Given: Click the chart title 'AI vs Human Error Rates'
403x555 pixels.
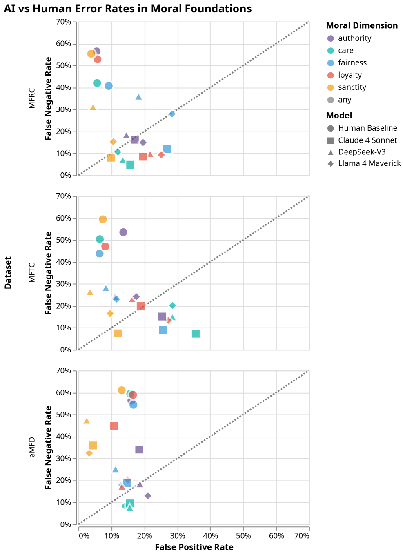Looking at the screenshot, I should tap(127, 9).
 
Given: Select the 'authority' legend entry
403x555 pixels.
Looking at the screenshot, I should tap(354, 38).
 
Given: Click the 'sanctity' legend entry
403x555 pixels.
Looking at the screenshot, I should tap(352, 87).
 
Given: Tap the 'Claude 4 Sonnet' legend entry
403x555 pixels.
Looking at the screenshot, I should tap(367, 140).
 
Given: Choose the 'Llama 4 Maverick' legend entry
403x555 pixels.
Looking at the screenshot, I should tap(369, 164).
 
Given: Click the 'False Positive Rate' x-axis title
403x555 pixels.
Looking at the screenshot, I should tap(194, 548).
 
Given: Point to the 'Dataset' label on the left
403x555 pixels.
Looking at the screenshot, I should tap(8, 273).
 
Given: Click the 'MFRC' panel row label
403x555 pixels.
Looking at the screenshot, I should tap(32, 98).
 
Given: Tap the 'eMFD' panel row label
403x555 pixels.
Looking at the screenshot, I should tap(32, 448).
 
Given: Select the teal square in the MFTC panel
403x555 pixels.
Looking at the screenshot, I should tap(196, 334).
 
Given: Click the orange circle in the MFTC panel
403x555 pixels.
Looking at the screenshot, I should tap(102, 219).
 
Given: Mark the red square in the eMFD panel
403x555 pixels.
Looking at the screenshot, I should tap(114, 426).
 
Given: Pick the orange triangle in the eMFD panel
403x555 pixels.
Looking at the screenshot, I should tap(87, 421).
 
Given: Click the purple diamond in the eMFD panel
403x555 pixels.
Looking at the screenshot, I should tap(148, 496).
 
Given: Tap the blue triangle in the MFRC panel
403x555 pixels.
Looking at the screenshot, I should tap(138, 97).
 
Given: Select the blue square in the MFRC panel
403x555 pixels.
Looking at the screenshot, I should tap(167, 149).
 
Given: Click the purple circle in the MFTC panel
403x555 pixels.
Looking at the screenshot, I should tap(123, 232).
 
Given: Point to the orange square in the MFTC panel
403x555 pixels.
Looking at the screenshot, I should tap(118, 334).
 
